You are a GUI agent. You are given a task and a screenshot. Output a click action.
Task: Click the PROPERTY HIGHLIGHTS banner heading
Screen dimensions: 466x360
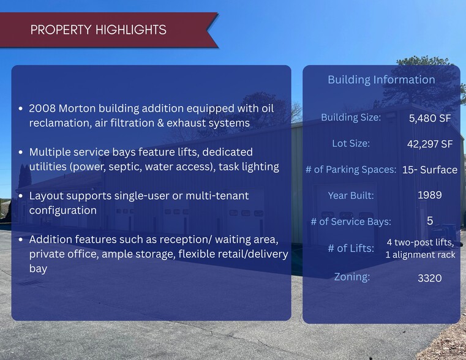point(99,30)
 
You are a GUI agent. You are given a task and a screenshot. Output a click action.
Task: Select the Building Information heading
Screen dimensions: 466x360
point(381,80)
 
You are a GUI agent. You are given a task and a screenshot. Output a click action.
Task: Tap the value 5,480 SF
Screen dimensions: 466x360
point(430,118)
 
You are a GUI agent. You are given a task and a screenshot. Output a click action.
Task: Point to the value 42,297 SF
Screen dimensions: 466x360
point(430,144)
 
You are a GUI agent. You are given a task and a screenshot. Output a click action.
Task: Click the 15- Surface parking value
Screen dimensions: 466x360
point(430,170)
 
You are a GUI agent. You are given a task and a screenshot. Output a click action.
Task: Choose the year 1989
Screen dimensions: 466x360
point(430,195)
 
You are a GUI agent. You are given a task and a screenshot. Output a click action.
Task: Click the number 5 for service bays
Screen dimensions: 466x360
point(430,220)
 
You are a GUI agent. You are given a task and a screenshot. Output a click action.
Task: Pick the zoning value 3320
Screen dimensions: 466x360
point(430,278)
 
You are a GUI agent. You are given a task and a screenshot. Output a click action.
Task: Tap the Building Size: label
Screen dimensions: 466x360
point(351,118)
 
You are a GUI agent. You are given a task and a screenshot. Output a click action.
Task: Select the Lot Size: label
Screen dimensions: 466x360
point(351,143)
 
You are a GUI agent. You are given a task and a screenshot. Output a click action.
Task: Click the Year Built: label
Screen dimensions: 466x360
point(351,195)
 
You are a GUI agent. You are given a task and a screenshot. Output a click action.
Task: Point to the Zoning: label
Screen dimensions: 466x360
point(352,277)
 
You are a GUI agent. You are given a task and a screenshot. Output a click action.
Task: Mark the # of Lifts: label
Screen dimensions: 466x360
point(351,248)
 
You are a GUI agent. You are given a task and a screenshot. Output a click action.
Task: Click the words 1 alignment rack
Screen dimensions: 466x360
point(420,255)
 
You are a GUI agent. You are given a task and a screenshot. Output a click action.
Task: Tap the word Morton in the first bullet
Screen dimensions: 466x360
point(77,108)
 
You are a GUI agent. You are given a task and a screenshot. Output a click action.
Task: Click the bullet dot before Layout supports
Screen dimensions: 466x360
point(20,196)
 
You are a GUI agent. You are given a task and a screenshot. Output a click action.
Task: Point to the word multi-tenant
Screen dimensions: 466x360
point(217,196)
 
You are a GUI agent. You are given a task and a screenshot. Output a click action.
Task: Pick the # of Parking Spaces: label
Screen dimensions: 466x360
point(351,170)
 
